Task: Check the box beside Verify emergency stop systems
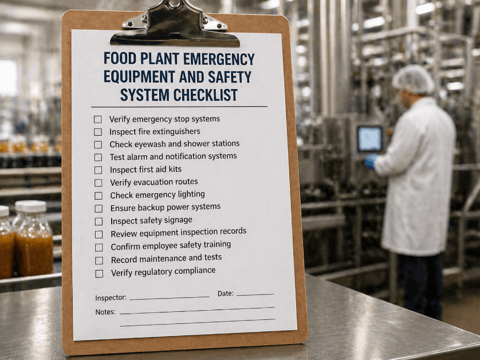(98, 119)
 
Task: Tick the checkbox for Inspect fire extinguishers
(98, 132)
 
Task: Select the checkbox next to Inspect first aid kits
(98, 170)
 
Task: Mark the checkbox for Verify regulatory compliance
(99, 273)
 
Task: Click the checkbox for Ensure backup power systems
(99, 209)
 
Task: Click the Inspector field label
(111, 298)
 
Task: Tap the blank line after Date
(255, 294)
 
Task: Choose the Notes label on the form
(105, 312)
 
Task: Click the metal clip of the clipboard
(175, 26)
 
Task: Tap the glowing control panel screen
(369, 139)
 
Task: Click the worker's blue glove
(371, 161)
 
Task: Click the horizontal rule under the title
(179, 107)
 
